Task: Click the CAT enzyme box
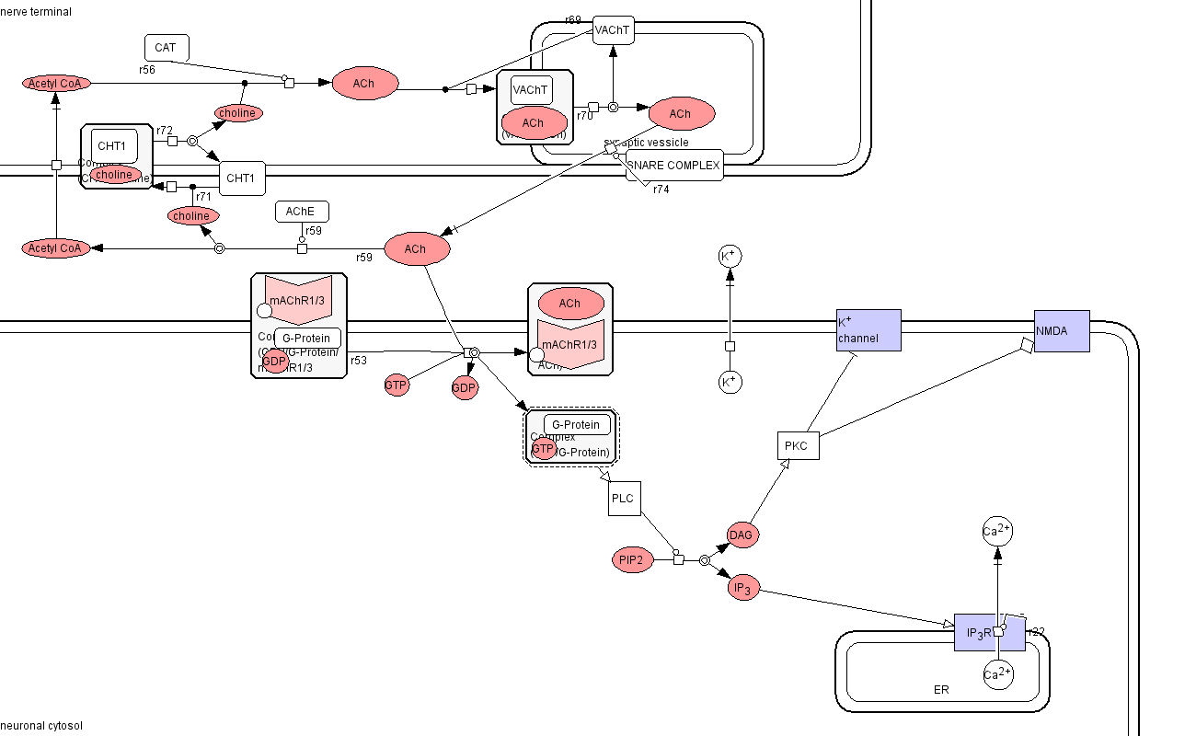(x=167, y=48)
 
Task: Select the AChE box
(x=302, y=212)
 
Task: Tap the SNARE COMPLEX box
(x=674, y=166)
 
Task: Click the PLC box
(x=624, y=499)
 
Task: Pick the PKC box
(x=797, y=446)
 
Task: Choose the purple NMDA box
(x=1062, y=330)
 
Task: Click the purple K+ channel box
(x=868, y=330)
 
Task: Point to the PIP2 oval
(x=632, y=559)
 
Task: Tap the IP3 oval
(x=743, y=589)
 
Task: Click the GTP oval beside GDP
(x=396, y=385)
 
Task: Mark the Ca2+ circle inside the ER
(x=997, y=674)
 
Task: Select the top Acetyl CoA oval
(x=57, y=84)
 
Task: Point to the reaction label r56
(x=147, y=69)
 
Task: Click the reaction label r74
(x=661, y=190)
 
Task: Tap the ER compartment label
(x=940, y=689)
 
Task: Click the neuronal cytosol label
(x=41, y=726)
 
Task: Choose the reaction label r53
(x=359, y=360)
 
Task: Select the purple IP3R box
(x=977, y=632)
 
